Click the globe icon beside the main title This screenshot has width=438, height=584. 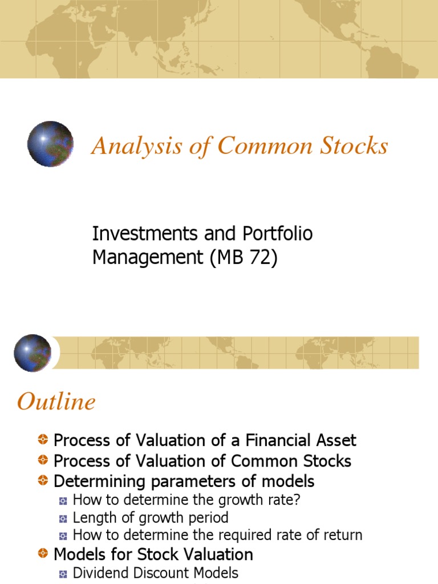pos(50,144)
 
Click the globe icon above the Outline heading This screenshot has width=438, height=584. pos(33,353)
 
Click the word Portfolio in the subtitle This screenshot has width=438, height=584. pos(278,234)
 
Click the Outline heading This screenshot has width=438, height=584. pos(56,402)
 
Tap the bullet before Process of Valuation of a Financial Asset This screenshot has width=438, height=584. pos(43,440)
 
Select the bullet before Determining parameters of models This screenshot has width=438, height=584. pos(43,481)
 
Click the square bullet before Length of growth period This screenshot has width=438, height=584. pos(63,518)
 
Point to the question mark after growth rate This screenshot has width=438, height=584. pos(296,500)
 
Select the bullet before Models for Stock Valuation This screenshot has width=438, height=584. pos(43,554)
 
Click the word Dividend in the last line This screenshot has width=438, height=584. pos(100,573)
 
